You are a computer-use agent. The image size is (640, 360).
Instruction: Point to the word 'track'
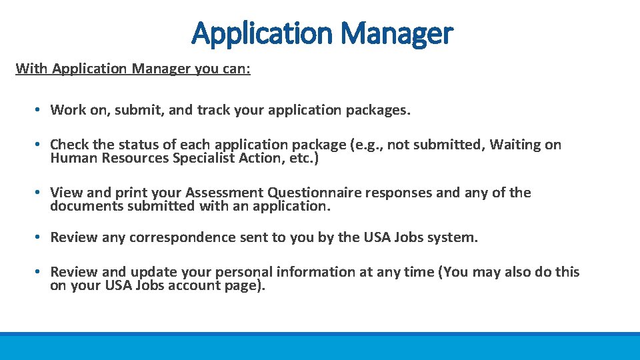pyautogui.click(x=213, y=110)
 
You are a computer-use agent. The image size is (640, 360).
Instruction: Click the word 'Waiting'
pyautogui.click(x=515, y=145)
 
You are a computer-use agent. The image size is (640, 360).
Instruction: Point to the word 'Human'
pyautogui.click(x=71, y=158)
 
